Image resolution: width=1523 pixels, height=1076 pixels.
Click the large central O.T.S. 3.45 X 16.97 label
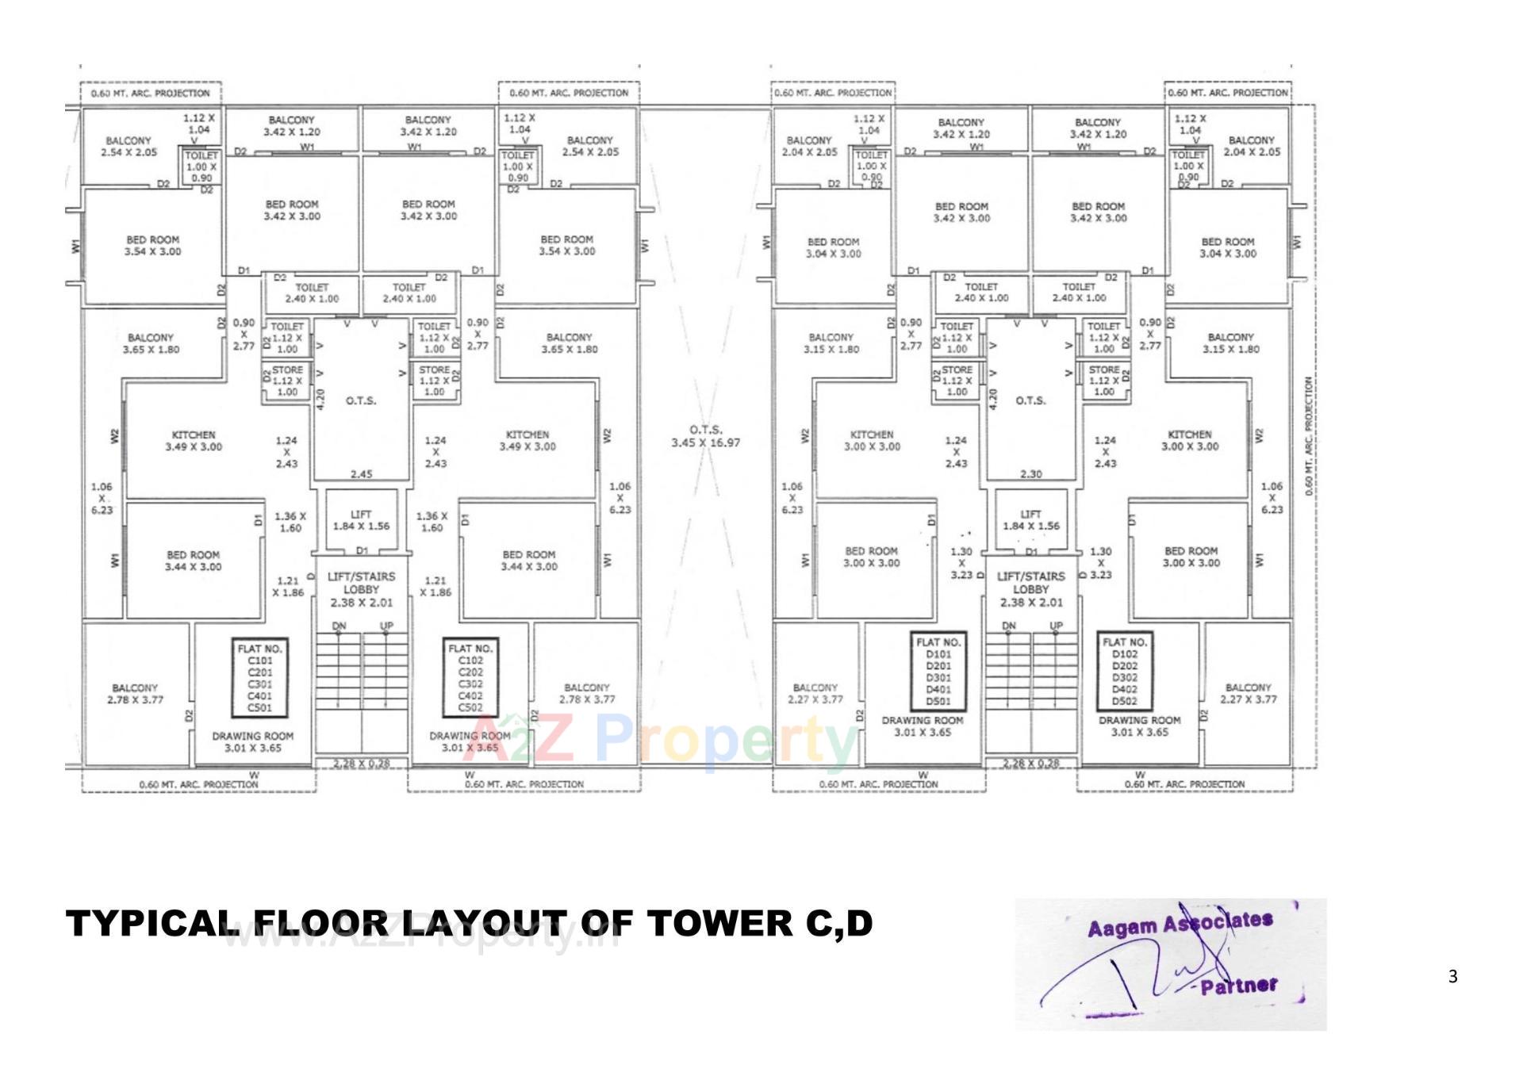pos(705,436)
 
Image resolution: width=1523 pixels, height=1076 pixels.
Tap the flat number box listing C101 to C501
pos(259,678)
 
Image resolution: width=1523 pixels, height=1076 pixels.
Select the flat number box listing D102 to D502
pos(1124,671)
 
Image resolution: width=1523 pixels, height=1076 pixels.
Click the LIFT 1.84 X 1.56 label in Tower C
pos(361,520)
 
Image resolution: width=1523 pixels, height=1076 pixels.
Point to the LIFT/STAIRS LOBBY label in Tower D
pos(1030,589)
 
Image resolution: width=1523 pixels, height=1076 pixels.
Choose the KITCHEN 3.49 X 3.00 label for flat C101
pos(194,441)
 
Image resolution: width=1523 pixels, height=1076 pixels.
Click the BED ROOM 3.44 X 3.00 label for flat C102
pos(528,561)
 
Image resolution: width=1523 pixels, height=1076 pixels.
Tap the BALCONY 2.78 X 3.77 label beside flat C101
pos(135,694)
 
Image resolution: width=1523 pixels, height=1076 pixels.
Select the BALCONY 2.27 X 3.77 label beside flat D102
pos(1248,694)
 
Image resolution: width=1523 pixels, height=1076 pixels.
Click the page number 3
pos(1452,977)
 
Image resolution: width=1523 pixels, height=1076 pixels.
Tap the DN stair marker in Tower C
pos(340,626)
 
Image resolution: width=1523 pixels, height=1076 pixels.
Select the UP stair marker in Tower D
pos(1056,626)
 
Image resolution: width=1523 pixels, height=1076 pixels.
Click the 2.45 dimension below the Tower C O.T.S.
pos(361,474)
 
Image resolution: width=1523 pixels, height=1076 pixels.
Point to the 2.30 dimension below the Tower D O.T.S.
pos(1030,474)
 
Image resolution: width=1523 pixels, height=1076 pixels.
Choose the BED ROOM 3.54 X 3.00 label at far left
pos(152,246)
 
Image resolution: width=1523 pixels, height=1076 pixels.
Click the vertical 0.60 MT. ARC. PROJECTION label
pos(1309,436)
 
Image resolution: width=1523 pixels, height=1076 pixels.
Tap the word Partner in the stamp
pos(1238,986)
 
